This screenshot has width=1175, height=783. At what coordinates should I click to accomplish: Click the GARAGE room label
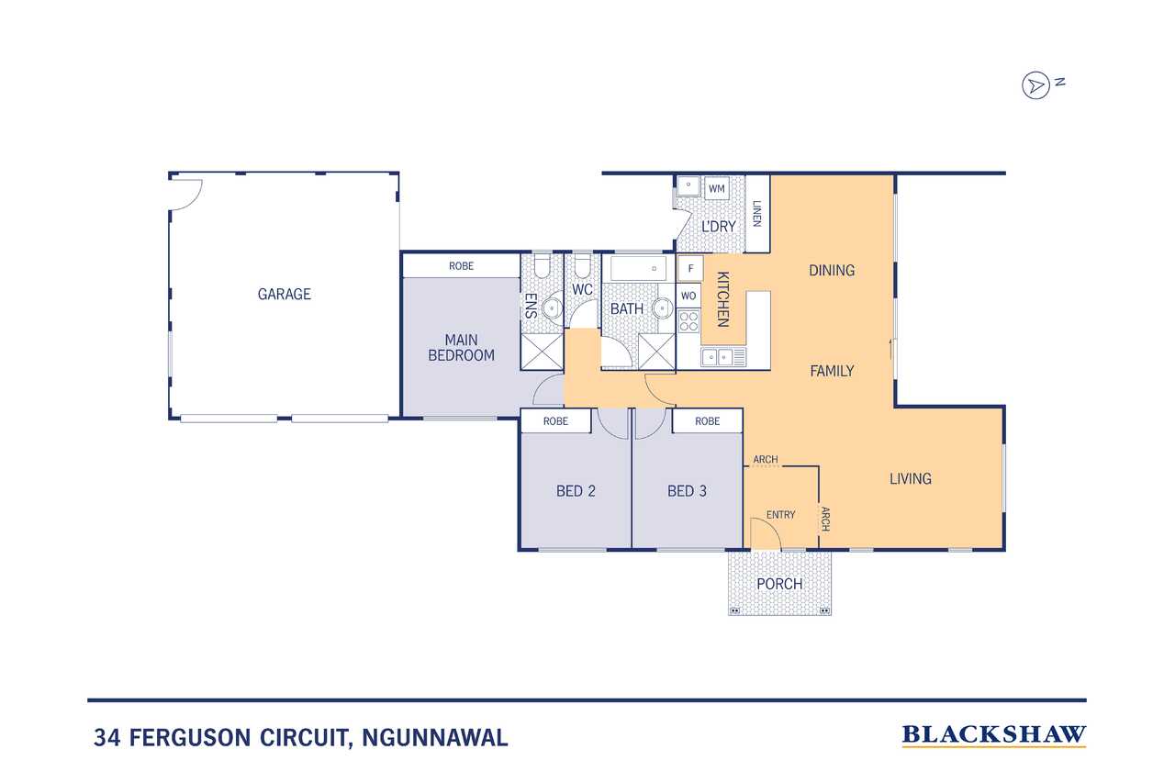click(x=284, y=295)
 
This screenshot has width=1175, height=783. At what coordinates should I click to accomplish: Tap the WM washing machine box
click(x=716, y=189)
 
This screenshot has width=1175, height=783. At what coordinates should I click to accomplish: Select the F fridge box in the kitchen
click(x=690, y=269)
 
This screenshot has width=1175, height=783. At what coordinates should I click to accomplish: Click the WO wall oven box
click(x=688, y=296)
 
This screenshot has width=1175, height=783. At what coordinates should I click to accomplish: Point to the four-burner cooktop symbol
click(x=688, y=321)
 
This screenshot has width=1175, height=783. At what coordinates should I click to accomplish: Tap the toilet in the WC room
click(x=582, y=266)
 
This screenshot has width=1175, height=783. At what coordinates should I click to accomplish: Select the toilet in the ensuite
click(x=542, y=266)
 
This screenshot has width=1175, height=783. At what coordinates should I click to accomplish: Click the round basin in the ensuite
click(x=553, y=308)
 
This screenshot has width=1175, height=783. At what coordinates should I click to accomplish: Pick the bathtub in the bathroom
click(x=638, y=269)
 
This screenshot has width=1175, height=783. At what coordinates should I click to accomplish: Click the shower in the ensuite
click(x=542, y=352)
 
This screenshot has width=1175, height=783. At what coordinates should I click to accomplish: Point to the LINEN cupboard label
click(x=757, y=214)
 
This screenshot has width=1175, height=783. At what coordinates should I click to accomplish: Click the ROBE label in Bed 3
click(x=707, y=421)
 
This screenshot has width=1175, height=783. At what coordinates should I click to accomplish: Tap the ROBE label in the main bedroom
click(x=461, y=266)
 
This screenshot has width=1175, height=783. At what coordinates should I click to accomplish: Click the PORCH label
click(x=779, y=584)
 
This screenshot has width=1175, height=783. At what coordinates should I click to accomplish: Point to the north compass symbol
click(x=1036, y=85)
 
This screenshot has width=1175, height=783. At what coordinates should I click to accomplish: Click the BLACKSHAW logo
click(x=994, y=735)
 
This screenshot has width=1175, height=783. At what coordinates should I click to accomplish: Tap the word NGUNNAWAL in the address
click(x=435, y=738)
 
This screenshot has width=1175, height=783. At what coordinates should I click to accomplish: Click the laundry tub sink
click(x=688, y=185)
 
